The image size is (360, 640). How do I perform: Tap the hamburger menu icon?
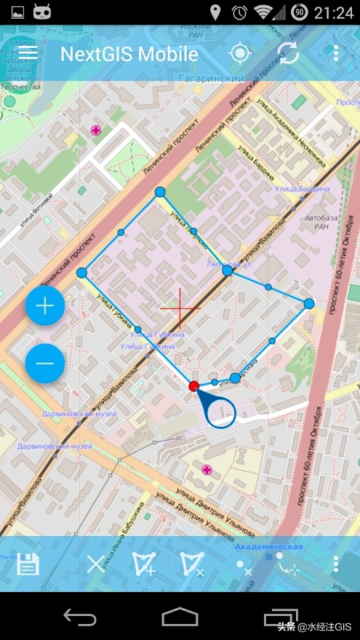pyautogui.click(x=28, y=53)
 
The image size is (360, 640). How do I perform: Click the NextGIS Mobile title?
pyautogui.click(x=129, y=54)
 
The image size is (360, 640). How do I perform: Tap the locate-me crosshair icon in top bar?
pyautogui.click(x=239, y=54)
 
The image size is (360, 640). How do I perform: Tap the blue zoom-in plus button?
pyautogui.click(x=45, y=305)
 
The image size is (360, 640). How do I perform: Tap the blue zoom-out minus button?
pyautogui.click(x=45, y=363)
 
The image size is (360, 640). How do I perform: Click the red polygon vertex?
pyautogui.click(x=193, y=386)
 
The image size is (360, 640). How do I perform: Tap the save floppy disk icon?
pyautogui.click(x=28, y=564)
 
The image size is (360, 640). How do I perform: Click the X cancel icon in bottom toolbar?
pyautogui.click(x=96, y=564)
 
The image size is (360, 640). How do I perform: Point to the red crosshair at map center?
pyautogui.click(x=180, y=308)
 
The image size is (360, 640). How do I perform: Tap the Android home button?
pyautogui.click(x=180, y=617)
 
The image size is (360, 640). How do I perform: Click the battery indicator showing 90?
pyautogui.click(x=299, y=12)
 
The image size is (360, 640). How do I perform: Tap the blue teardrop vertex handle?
pyautogui.click(x=219, y=411)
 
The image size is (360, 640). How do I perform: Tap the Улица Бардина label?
pyautogui.click(x=302, y=189)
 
